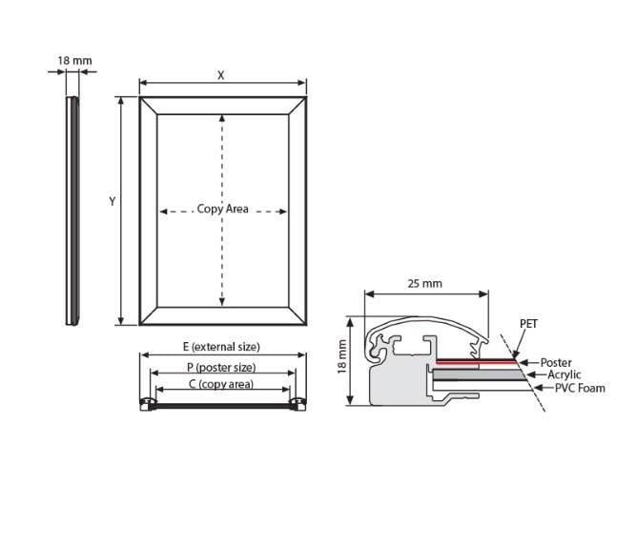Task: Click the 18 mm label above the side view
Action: (74, 61)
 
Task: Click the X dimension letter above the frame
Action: (220, 75)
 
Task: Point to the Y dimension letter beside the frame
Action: (113, 201)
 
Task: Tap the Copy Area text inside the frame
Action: (222, 209)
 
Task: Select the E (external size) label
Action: (221, 347)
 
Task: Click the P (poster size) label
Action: (221, 368)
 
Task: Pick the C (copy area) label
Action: (221, 384)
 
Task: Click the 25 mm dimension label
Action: (424, 284)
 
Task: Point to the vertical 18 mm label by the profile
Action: (342, 356)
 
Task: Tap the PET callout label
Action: (528, 324)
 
